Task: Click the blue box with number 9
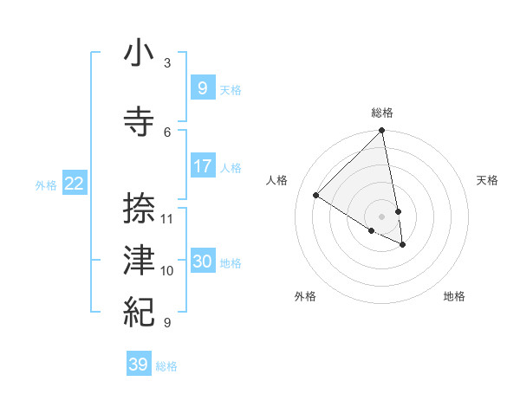[x=202, y=87]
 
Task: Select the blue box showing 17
[x=202, y=165]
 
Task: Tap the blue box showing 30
[x=202, y=261]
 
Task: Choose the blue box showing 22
[x=75, y=183]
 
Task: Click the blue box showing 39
[x=138, y=365]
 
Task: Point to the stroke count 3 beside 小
[x=167, y=62]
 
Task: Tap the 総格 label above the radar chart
[x=382, y=113]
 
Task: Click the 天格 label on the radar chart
[x=488, y=180]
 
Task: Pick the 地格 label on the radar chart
[x=454, y=296]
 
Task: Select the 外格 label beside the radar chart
[x=305, y=296]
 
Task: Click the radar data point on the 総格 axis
[x=381, y=131]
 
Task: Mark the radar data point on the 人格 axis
[x=316, y=196]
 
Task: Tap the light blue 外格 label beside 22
[x=46, y=184]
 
